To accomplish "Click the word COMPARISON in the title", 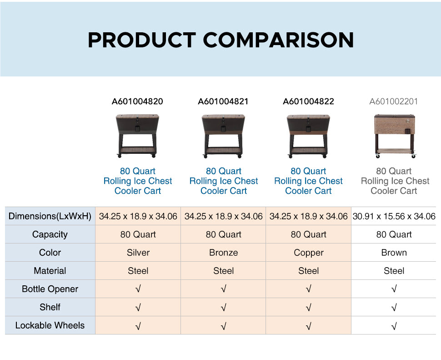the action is [x=278, y=40].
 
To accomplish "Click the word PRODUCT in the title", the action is [x=142, y=40].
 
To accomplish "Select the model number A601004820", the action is [x=137, y=101].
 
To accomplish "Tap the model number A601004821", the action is [x=223, y=101].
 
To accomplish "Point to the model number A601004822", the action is [x=308, y=101].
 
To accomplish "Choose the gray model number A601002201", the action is [x=393, y=101].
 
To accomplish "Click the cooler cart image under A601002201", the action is [x=395, y=136].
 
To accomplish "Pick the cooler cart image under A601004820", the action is [x=137, y=136].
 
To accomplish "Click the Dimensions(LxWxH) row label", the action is [x=50, y=216].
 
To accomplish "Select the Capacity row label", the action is [x=50, y=234].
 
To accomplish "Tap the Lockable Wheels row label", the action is [x=50, y=325].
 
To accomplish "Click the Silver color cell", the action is [x=138, y=253].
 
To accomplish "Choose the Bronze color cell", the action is [x=224, y=253].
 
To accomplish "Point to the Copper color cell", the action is [x=309, y=253].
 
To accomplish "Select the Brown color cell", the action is [x=394, y=253].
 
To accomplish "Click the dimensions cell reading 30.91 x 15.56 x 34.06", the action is [x=394, y=216].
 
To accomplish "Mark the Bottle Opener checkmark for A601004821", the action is [x=224, y=289].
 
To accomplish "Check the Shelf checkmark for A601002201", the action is [x=394, y=307].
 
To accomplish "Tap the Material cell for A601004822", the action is [x=309, y=271].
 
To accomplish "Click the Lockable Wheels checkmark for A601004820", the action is [x=138, y=326].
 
